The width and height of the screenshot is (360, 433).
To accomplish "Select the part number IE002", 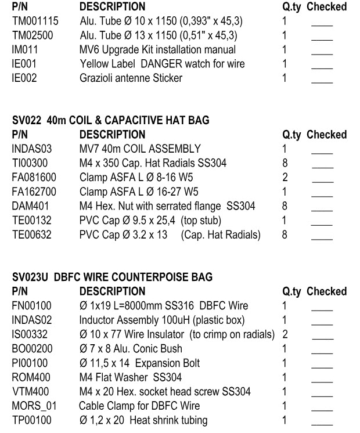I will click(24, 77).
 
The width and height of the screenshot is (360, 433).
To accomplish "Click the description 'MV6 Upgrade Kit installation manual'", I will click(157, 49).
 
